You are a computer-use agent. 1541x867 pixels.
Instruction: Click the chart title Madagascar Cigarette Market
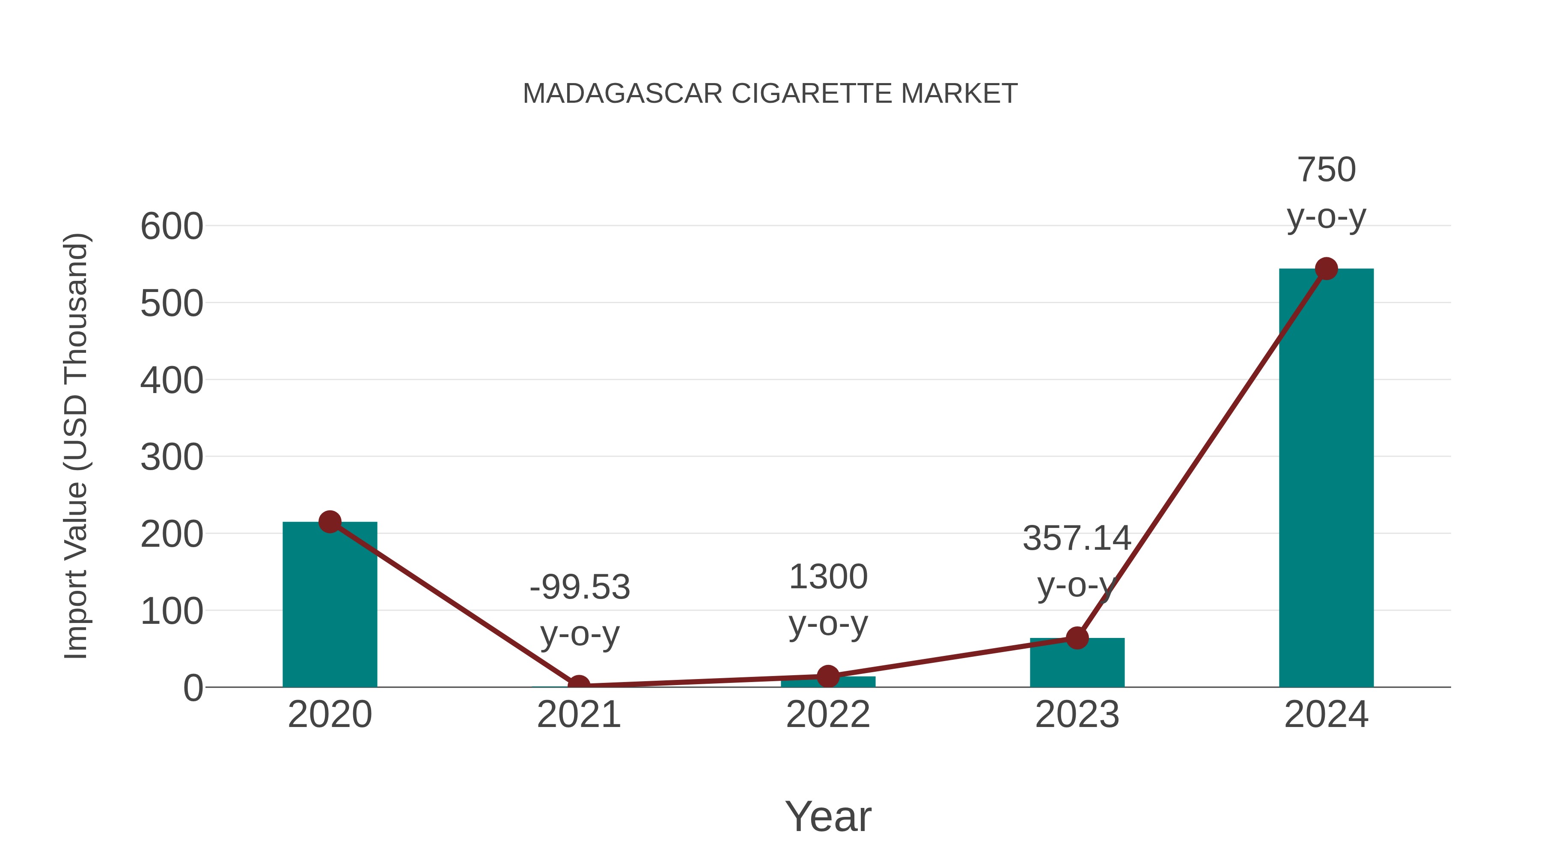pyautogui.click(x=770, y=94)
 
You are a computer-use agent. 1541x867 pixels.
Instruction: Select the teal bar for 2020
pyautogui.click(x=330, y=604)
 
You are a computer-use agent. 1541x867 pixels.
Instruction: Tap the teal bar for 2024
pyautogui.click(x=1326, y=479)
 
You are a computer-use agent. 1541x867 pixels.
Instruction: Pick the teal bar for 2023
pyautogui.click(x=1077, y=663)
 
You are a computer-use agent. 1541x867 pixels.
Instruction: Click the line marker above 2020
pyautogui.click(x=330, y=522)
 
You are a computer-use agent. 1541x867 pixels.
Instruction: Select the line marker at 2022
pyautogui.click(x=828, y=676)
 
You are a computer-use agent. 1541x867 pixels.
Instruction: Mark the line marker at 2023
pyautogui.click(x=1077, y=638)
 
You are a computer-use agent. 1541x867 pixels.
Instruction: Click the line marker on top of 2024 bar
pyautogui.click(x=1326, y=268)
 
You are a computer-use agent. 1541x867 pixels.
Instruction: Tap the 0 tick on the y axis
pyautogui.click(x=193, y=688)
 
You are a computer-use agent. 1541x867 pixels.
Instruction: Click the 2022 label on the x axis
pyautogui.click(x=828, y=715)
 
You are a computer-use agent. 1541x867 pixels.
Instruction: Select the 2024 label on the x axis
pyautogui.click(x=1326, y=715)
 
